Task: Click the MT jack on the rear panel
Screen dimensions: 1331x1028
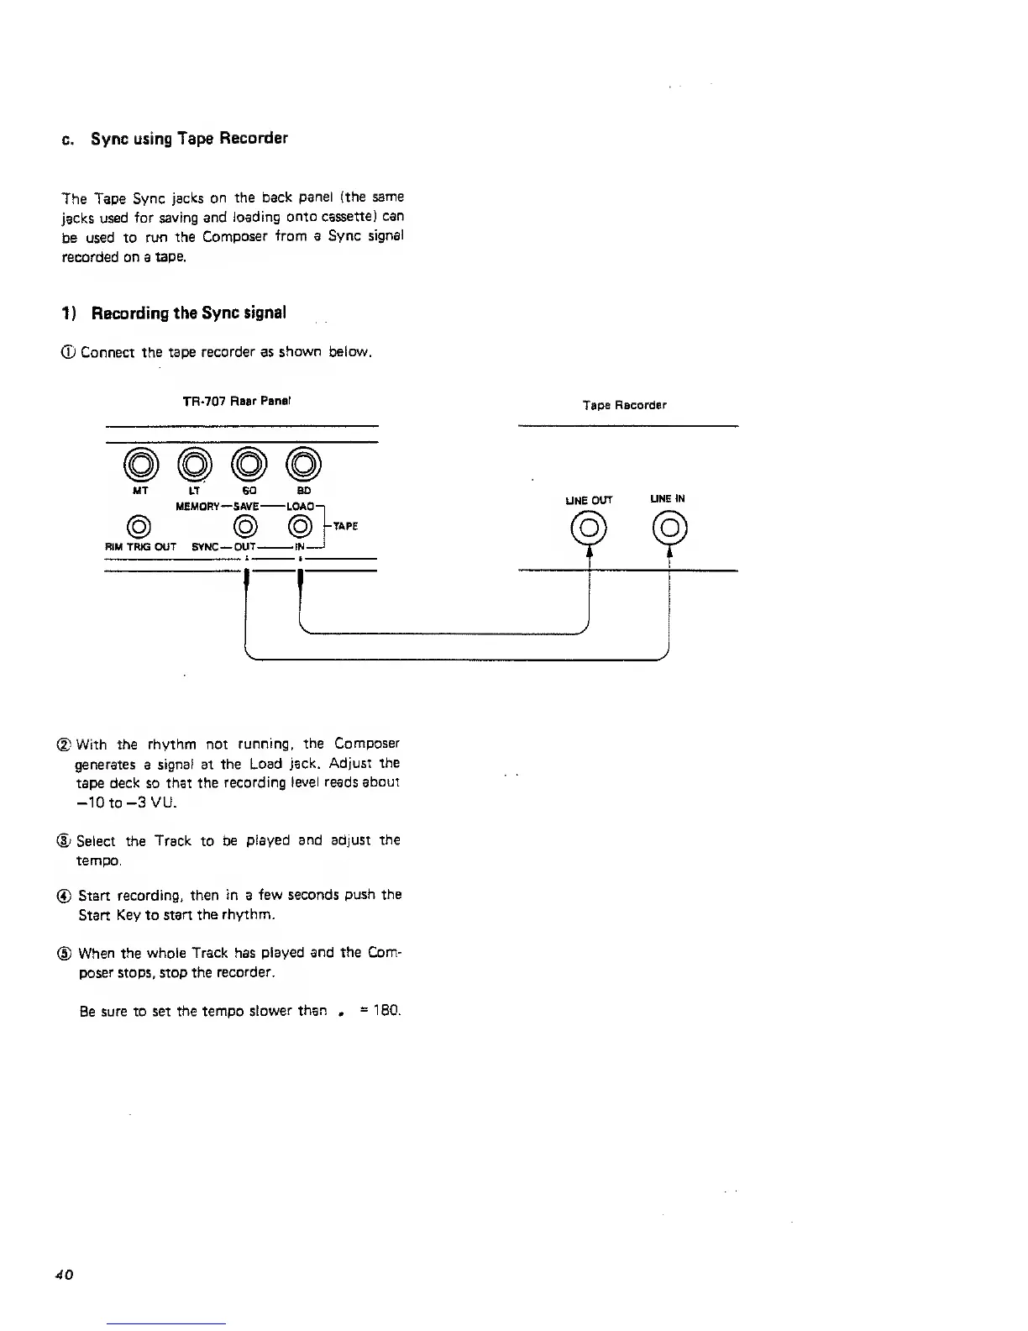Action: (x=141, y=463)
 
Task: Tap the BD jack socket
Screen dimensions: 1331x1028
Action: (x=303, y=463)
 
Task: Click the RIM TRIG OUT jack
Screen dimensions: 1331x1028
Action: (x=139, y=527)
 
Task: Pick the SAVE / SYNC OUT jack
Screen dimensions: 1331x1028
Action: (x=245, y=527)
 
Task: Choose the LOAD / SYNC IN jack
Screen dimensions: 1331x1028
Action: (x=299, y=527)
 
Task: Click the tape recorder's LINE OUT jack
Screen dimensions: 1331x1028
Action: (x=590, y=529)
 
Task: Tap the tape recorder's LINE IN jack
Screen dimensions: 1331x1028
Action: (x=669, y=529)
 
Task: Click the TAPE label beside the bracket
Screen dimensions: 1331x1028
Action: (x=346, y=526)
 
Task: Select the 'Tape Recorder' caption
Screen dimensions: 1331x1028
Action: (x=624, y=405)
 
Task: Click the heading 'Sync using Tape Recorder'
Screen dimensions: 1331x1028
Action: (x=189, y=139)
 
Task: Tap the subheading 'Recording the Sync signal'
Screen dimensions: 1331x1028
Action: (x=188, y=313)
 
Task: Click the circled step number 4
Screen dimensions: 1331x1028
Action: (x=67, y=895)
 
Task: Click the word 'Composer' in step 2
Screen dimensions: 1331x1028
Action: (x=366, y=744)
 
